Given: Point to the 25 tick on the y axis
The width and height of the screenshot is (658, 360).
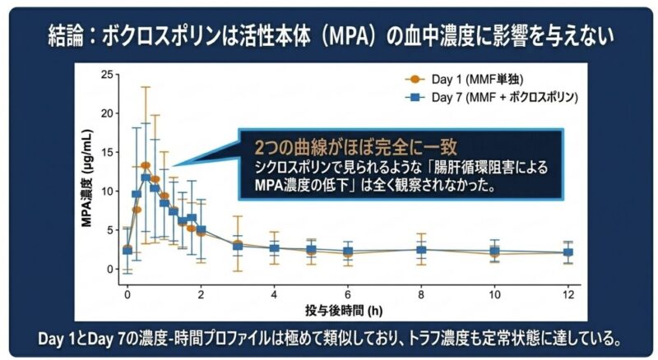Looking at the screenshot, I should [106, 76].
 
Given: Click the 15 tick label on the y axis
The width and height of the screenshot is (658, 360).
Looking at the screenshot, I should [106, 153].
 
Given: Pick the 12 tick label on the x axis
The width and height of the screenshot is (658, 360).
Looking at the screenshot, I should [568, 294].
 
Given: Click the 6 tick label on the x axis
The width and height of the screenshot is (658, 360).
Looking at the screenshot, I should [348, 294].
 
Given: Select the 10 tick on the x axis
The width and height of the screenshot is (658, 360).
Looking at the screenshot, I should [494, 294].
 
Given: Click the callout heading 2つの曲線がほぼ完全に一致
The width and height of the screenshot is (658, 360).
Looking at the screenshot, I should [355, 147].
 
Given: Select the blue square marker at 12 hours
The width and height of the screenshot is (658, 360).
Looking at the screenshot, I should [568, 253].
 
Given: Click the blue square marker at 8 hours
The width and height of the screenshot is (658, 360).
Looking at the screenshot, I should [421, 250].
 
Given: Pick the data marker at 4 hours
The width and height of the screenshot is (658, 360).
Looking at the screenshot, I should [274, 247].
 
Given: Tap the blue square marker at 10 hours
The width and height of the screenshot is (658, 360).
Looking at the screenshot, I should [494, 251].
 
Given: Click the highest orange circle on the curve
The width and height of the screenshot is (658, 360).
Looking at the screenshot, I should [146, 166].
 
